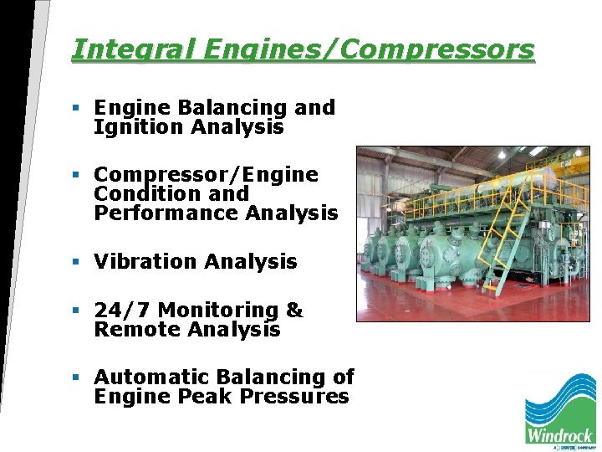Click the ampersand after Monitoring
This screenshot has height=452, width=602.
click(294, 311)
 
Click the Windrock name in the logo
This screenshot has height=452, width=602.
click(559, 434)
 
